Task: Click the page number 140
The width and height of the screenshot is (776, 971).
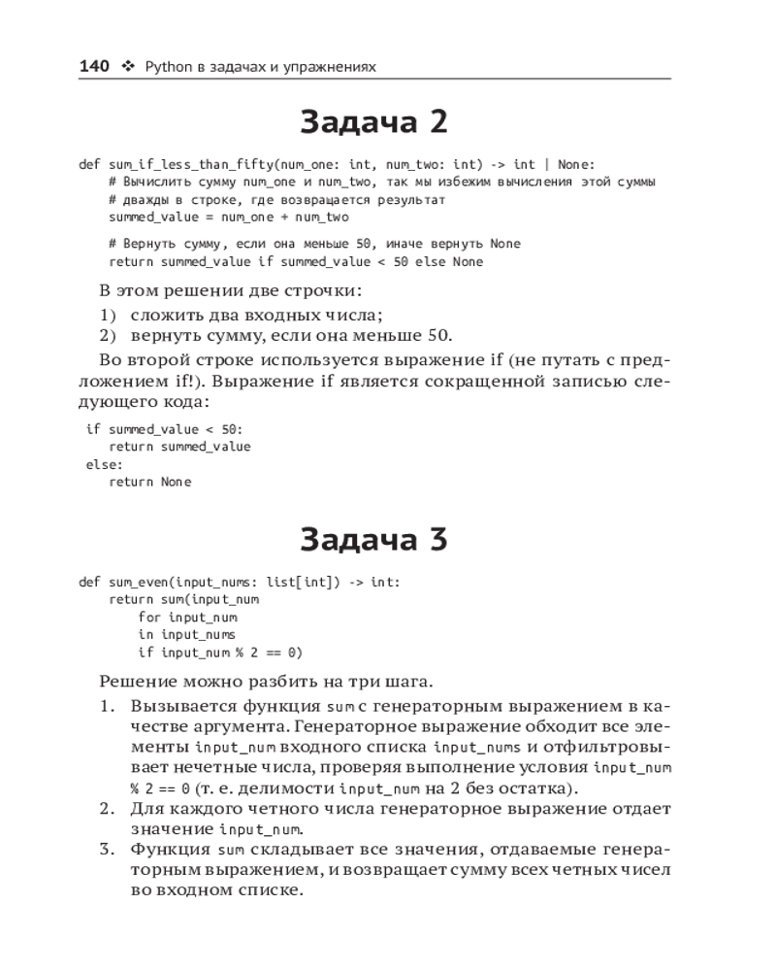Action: (x=93, y=66)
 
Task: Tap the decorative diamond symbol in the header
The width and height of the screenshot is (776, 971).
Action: (x=127, y=67)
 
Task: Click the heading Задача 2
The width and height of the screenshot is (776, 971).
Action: (x=373, y=122)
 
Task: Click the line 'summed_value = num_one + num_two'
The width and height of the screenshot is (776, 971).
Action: (x=229, y=217)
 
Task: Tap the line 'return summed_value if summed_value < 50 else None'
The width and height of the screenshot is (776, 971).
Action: (x=296, y=261)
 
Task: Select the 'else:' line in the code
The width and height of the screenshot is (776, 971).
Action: (x=98, y=464)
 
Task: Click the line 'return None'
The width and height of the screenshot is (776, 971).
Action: (x=150, y=482)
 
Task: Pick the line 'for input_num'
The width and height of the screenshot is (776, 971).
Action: (x=187, y=618)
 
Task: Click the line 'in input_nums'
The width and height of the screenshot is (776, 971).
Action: (x=187, y=635)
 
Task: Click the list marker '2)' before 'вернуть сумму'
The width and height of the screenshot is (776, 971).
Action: (x=109, y=336)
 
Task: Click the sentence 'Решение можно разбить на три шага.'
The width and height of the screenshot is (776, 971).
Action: (x=266, y=682)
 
